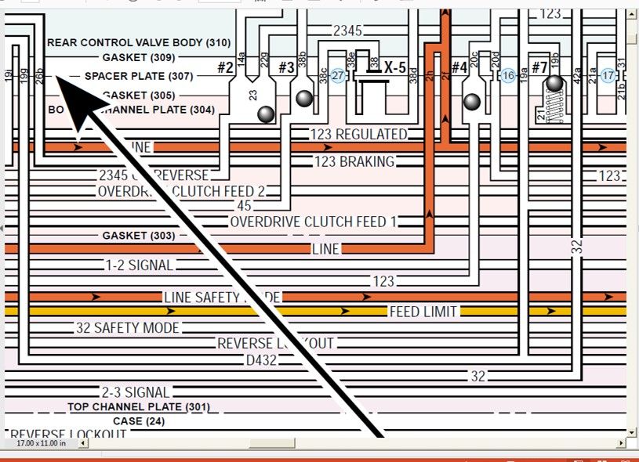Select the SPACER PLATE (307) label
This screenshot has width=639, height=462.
pos(138,76)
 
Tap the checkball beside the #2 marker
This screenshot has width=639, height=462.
pos(266,114)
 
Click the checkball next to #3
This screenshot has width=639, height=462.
pos(304,98)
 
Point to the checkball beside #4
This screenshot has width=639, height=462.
pos(472,101)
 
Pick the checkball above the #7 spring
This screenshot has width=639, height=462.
pos(555,83)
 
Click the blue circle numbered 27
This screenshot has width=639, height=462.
pos(338,75)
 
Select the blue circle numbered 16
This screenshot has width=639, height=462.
pos(508,75)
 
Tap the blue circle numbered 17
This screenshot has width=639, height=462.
pos(608,75)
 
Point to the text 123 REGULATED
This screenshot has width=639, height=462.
pos(359,134)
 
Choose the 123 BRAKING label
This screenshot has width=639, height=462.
pos(354,162)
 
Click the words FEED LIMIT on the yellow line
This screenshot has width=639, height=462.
pos(423,312)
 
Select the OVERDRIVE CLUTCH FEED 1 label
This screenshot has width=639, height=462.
pos(314,222)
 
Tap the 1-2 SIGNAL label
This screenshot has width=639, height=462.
pos(140,265)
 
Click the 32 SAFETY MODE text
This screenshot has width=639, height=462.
pos(128,327)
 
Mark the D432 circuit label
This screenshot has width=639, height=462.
pos(262,360)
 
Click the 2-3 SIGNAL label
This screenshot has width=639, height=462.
pos(136,392)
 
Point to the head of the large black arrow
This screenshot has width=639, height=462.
pos(67,86)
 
